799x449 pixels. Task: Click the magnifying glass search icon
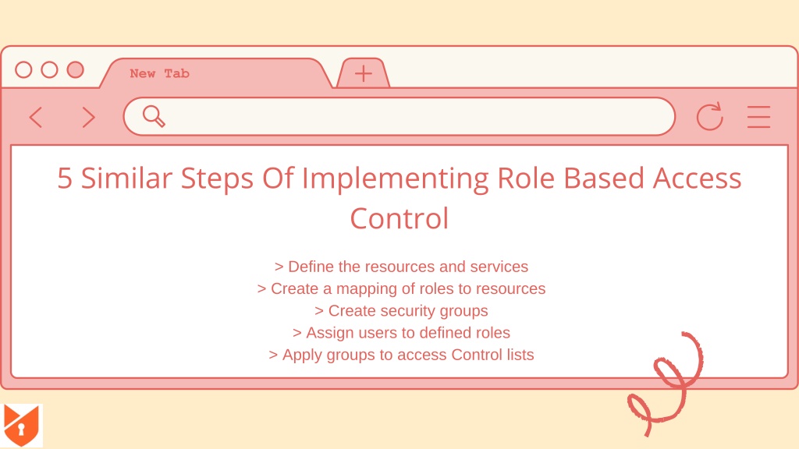tap(154, 116)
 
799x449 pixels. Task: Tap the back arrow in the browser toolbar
tap(35, 117)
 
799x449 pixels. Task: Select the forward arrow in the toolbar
tap(89, 117)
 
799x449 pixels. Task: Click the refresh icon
tap(709, 117)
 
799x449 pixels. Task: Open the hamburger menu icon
tap(758, 117)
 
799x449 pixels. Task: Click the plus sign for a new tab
tap(364, 74)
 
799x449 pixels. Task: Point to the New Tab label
tap(159, 74)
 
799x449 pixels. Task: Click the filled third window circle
tap(76, 69)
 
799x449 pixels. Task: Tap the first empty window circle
tap(23, 69)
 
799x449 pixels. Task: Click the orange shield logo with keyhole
tap(21, 425)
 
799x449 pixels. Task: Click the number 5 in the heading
tap(65, 179)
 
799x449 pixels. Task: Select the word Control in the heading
tap(399, 219)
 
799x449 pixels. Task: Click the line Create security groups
tap(401, 310)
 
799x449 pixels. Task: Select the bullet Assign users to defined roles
tap(401, 332)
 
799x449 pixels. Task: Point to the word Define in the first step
tap(311, 267)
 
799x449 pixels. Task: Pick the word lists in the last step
tap(520, 355)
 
